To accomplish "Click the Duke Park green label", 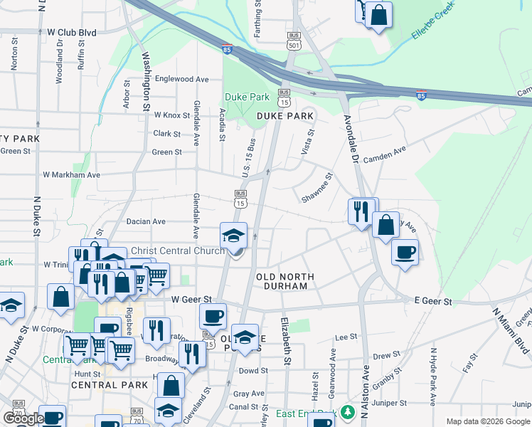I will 247,97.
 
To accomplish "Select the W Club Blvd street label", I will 71,33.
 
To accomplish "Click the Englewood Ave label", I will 181,79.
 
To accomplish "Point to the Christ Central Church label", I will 178,251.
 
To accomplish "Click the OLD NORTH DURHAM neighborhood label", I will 282,280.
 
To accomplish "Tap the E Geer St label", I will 432,302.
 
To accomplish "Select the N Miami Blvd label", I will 511,331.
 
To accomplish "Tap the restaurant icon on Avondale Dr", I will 362,211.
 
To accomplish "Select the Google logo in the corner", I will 23,418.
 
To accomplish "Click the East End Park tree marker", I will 347,413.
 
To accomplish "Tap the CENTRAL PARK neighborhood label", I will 110,385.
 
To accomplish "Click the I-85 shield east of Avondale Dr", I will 421,95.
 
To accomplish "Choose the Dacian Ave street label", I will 146,221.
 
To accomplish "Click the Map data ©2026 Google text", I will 488,421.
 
